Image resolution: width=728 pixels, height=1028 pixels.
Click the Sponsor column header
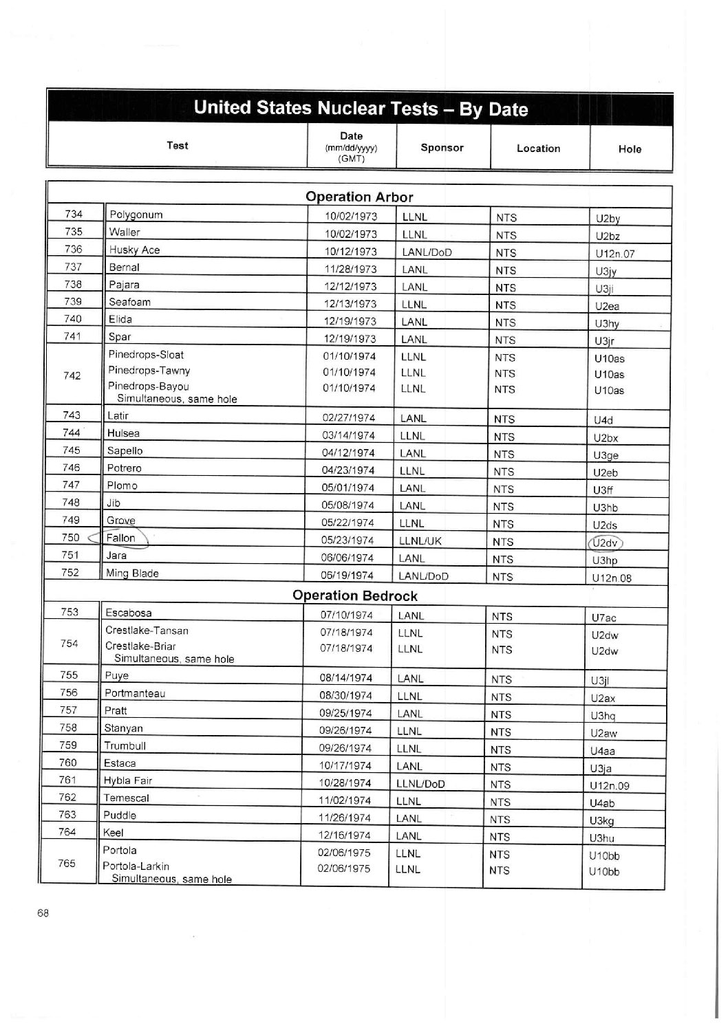442,148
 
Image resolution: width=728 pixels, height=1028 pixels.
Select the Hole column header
630,149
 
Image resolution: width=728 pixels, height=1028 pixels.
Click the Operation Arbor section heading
359,197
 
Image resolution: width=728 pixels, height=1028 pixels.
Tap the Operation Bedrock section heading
355,595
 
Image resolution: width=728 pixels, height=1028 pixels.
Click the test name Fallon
121,538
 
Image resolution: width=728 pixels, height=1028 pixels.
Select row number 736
74,249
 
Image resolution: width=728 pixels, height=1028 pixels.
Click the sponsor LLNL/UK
420,540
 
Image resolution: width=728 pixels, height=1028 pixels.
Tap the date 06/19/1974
347,576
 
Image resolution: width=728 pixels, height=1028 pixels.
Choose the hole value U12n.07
615,254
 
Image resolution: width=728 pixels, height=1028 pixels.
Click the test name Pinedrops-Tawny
149,371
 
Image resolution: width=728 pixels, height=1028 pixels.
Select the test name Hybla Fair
127,780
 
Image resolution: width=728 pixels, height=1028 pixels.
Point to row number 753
69,612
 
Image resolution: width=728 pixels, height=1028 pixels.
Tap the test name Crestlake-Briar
140,646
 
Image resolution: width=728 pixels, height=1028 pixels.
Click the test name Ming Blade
132,573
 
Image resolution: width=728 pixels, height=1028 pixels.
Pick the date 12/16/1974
345,835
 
